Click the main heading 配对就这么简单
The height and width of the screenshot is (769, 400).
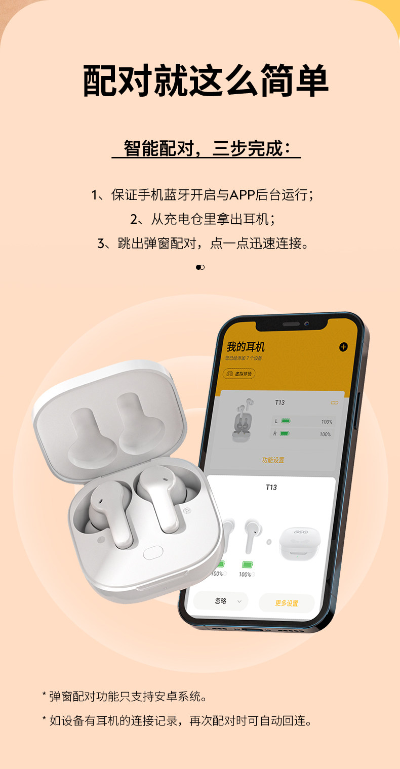[206, 80]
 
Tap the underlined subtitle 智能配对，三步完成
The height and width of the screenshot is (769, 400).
[207, 149]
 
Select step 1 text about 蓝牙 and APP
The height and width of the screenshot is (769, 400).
[203, 195]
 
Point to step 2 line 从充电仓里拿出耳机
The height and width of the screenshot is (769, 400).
[203, 219]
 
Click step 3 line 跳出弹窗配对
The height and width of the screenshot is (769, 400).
[203, 244]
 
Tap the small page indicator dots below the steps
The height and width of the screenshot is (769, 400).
[200, 267]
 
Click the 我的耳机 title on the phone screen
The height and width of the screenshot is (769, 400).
[246, 347]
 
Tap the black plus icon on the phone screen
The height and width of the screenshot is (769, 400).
[343, 347]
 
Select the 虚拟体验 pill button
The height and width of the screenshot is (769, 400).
[239, 374]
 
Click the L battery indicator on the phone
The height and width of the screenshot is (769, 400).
[286, 421]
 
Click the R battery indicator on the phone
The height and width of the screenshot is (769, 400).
[285, 433]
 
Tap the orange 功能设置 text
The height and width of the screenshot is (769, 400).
[273, 460]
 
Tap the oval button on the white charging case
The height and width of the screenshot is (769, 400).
[152, 553]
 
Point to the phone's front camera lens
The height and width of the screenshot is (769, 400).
[307, 325]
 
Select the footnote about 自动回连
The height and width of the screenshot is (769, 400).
[177, 721]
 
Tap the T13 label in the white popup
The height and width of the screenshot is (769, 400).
[271, 487]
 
